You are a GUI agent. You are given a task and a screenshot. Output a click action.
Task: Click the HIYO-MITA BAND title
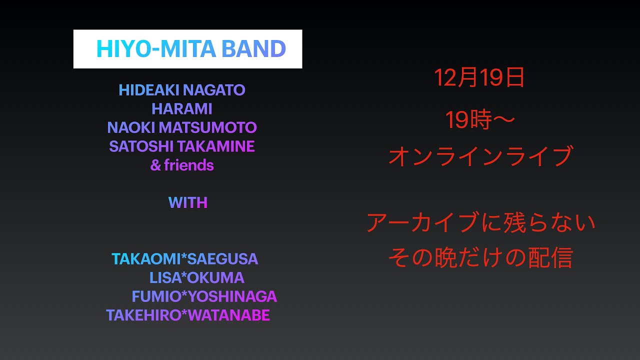[190, 49]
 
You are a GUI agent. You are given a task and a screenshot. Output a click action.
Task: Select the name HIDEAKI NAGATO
[182, 90]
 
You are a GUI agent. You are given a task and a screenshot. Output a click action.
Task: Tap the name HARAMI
[182, 109]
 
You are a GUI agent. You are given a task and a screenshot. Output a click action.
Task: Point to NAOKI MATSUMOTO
[182, 127]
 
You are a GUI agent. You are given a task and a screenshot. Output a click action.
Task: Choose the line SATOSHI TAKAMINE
[182, 146]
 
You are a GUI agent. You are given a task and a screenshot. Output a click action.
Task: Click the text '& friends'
[182, 165]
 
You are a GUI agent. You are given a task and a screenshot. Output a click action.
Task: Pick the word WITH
[187, 202]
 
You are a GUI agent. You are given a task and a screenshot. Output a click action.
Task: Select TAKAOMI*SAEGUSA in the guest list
[185, 259]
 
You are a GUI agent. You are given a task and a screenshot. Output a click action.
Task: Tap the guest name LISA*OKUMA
[196, 277]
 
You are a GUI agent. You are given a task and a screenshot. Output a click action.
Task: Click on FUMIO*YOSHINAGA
[204, 296]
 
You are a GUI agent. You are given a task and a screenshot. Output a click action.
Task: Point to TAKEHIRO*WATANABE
[188, 315]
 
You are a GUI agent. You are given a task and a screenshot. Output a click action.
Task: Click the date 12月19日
[479, 78]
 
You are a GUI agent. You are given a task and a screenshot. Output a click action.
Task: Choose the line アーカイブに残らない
[481, 222]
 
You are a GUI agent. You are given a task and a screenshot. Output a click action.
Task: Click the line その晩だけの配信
[480, 258]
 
